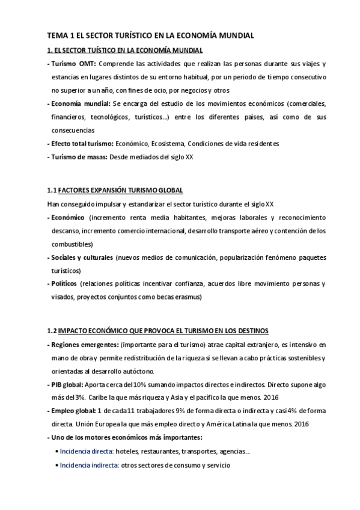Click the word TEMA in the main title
pos(58,36)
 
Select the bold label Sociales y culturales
pos(82,257)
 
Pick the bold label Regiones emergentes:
pos(85,345)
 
